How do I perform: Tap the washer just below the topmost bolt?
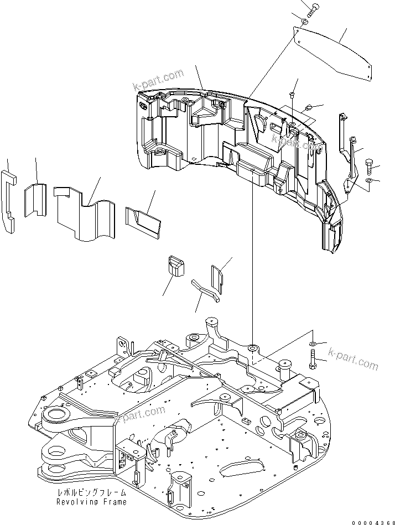[305, 22]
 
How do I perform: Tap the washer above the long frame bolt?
[313, 343]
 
